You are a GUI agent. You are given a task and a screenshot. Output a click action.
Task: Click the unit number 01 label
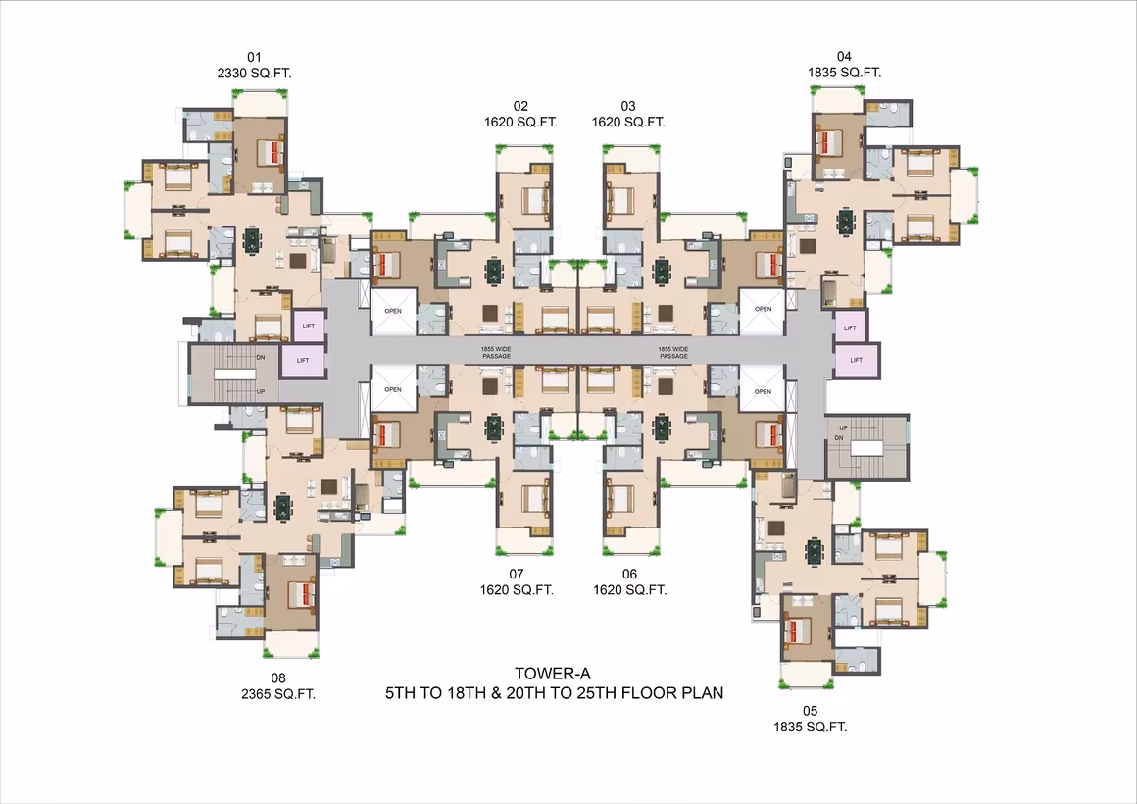(254, 57)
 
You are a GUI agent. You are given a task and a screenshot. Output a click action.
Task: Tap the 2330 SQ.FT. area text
(254, 74)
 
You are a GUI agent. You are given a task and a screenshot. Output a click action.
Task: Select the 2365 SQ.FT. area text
(278, 694)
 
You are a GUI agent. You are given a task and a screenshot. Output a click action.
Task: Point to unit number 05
(810, 711)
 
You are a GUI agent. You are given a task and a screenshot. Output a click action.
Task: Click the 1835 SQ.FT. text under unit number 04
(844, 73)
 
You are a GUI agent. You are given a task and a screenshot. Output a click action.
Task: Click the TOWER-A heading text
(553, 675)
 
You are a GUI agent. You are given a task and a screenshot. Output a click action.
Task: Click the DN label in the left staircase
(261, 358)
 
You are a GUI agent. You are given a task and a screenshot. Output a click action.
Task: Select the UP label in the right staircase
(843, 428)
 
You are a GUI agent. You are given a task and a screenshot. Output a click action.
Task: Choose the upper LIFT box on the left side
(309, 326)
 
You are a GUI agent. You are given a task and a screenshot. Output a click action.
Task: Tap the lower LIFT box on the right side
(857, 360)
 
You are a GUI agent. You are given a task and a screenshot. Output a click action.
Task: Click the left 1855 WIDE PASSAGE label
(496, 353)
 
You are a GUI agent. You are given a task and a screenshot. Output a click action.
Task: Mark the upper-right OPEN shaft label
(763, 309)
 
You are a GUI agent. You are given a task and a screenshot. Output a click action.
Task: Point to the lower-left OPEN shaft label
(393, 389)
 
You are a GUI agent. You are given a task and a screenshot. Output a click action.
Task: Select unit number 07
(516, 574)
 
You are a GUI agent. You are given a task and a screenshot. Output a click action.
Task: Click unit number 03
(628, 106)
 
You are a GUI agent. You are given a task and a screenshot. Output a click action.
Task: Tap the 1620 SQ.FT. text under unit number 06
(629, 590)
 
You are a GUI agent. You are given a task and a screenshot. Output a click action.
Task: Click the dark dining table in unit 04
(846, 221)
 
